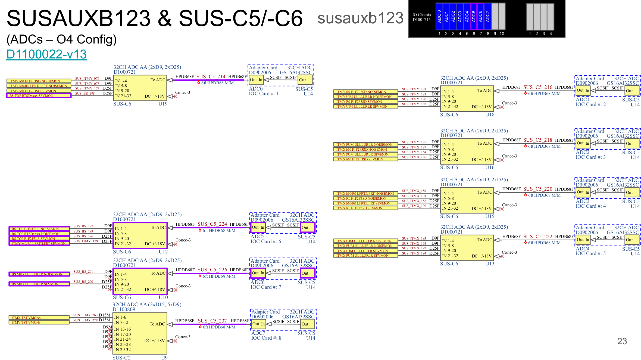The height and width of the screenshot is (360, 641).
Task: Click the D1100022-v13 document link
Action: tap(46, 54)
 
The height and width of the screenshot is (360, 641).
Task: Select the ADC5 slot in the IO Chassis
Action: tap(474, 16)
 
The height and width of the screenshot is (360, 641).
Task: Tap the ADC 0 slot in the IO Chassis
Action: tap(439, 16)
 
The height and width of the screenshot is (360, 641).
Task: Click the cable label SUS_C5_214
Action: tap(211, 77)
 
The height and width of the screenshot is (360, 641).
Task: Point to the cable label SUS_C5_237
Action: tap(212, 321)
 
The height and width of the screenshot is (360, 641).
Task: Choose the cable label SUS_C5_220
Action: tap(538, 189)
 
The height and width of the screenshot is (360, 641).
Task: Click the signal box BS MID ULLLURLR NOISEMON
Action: tap(39, 274)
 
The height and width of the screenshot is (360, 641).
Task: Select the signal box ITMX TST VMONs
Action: tap(39, 318)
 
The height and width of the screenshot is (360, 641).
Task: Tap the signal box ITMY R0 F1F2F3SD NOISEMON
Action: tap(365, 92)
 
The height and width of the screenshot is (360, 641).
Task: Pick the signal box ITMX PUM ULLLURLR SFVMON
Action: tap(365, 256)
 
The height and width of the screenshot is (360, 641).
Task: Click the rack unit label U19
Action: tap(163, 104)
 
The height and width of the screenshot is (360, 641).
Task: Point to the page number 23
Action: tap(622, 341)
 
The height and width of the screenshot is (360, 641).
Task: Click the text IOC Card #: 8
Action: tap(266, 338)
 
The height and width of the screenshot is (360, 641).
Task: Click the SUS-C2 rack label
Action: tap(121, 358)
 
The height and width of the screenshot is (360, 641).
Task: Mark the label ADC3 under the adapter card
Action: tap(582, 201)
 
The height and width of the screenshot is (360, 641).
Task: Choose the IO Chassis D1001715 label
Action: tap(421, 17)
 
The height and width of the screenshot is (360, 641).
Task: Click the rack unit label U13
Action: tap(490, 264)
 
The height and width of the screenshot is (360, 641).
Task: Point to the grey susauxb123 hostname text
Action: tap(360, 18)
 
